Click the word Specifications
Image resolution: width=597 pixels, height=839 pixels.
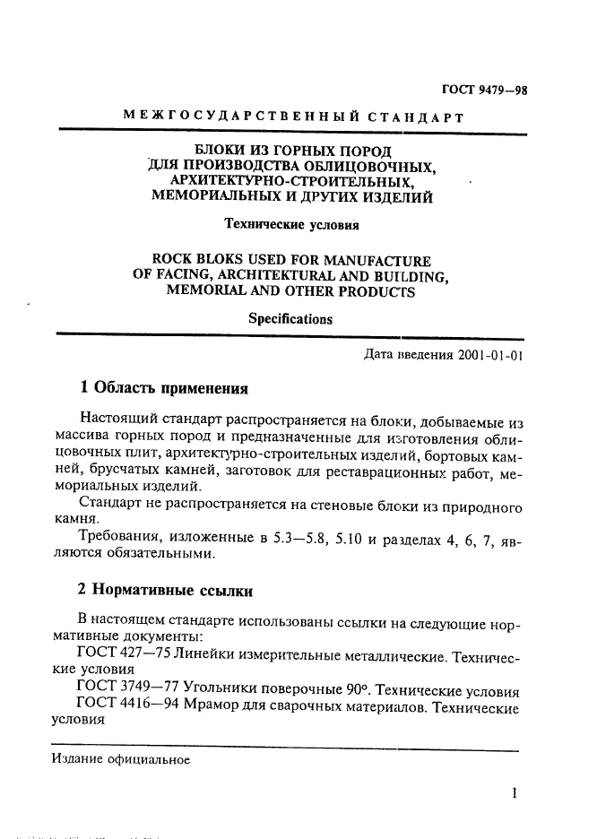click(290, 319)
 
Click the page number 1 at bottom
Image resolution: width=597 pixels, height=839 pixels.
click(515, 792)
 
